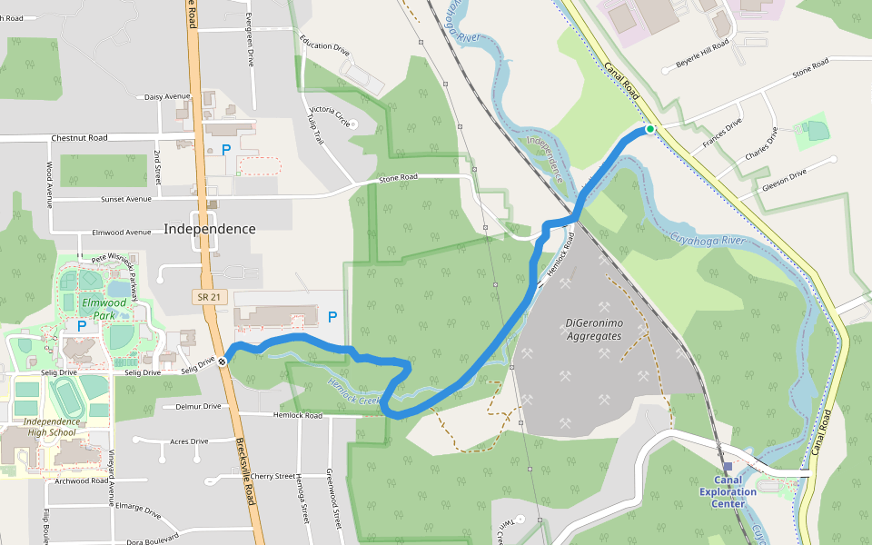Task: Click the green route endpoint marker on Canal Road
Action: [650, 130]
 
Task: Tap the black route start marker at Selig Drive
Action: [222, 361]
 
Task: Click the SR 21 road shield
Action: [207, 296]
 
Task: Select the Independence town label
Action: [210, 229]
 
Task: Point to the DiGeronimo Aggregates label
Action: [593, 329]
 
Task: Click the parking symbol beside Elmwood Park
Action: [82, 325]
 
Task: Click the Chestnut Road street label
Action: [79, 138]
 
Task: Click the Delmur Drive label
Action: [198, 406]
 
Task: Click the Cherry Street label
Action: [272, 476]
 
